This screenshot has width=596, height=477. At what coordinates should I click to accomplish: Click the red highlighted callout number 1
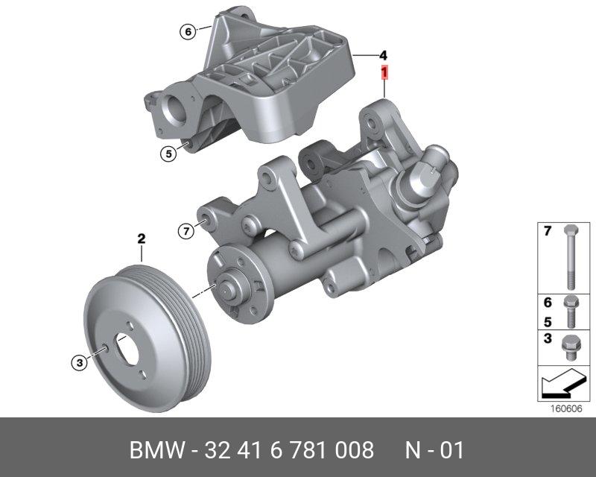pyautogui.click(x=384, y=72)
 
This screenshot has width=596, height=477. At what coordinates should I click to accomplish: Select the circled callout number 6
pyautogui.click(x=188, y=31)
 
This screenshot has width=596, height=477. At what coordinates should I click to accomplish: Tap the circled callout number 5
pyautogui.click(x=168, y=154)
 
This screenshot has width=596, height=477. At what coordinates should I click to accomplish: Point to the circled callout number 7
pyautogui.click(x=186, y=231)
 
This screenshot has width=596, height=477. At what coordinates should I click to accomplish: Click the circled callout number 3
pyautogui.click(x=80, y=362)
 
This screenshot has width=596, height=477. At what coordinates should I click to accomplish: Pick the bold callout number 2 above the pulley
pyautogui.click(x=142, y=239)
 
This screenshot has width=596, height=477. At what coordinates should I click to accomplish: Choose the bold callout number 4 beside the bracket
pyautogui.click(x=383, y=56)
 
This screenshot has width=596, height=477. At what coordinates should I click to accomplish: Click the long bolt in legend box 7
pyautogui.click(x=571, y=257)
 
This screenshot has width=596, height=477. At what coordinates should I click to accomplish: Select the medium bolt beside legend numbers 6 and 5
pyautogui.click(x=571, y=312)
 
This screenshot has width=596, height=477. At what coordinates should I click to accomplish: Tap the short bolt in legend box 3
pyautogui.click(x=569, y=347)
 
